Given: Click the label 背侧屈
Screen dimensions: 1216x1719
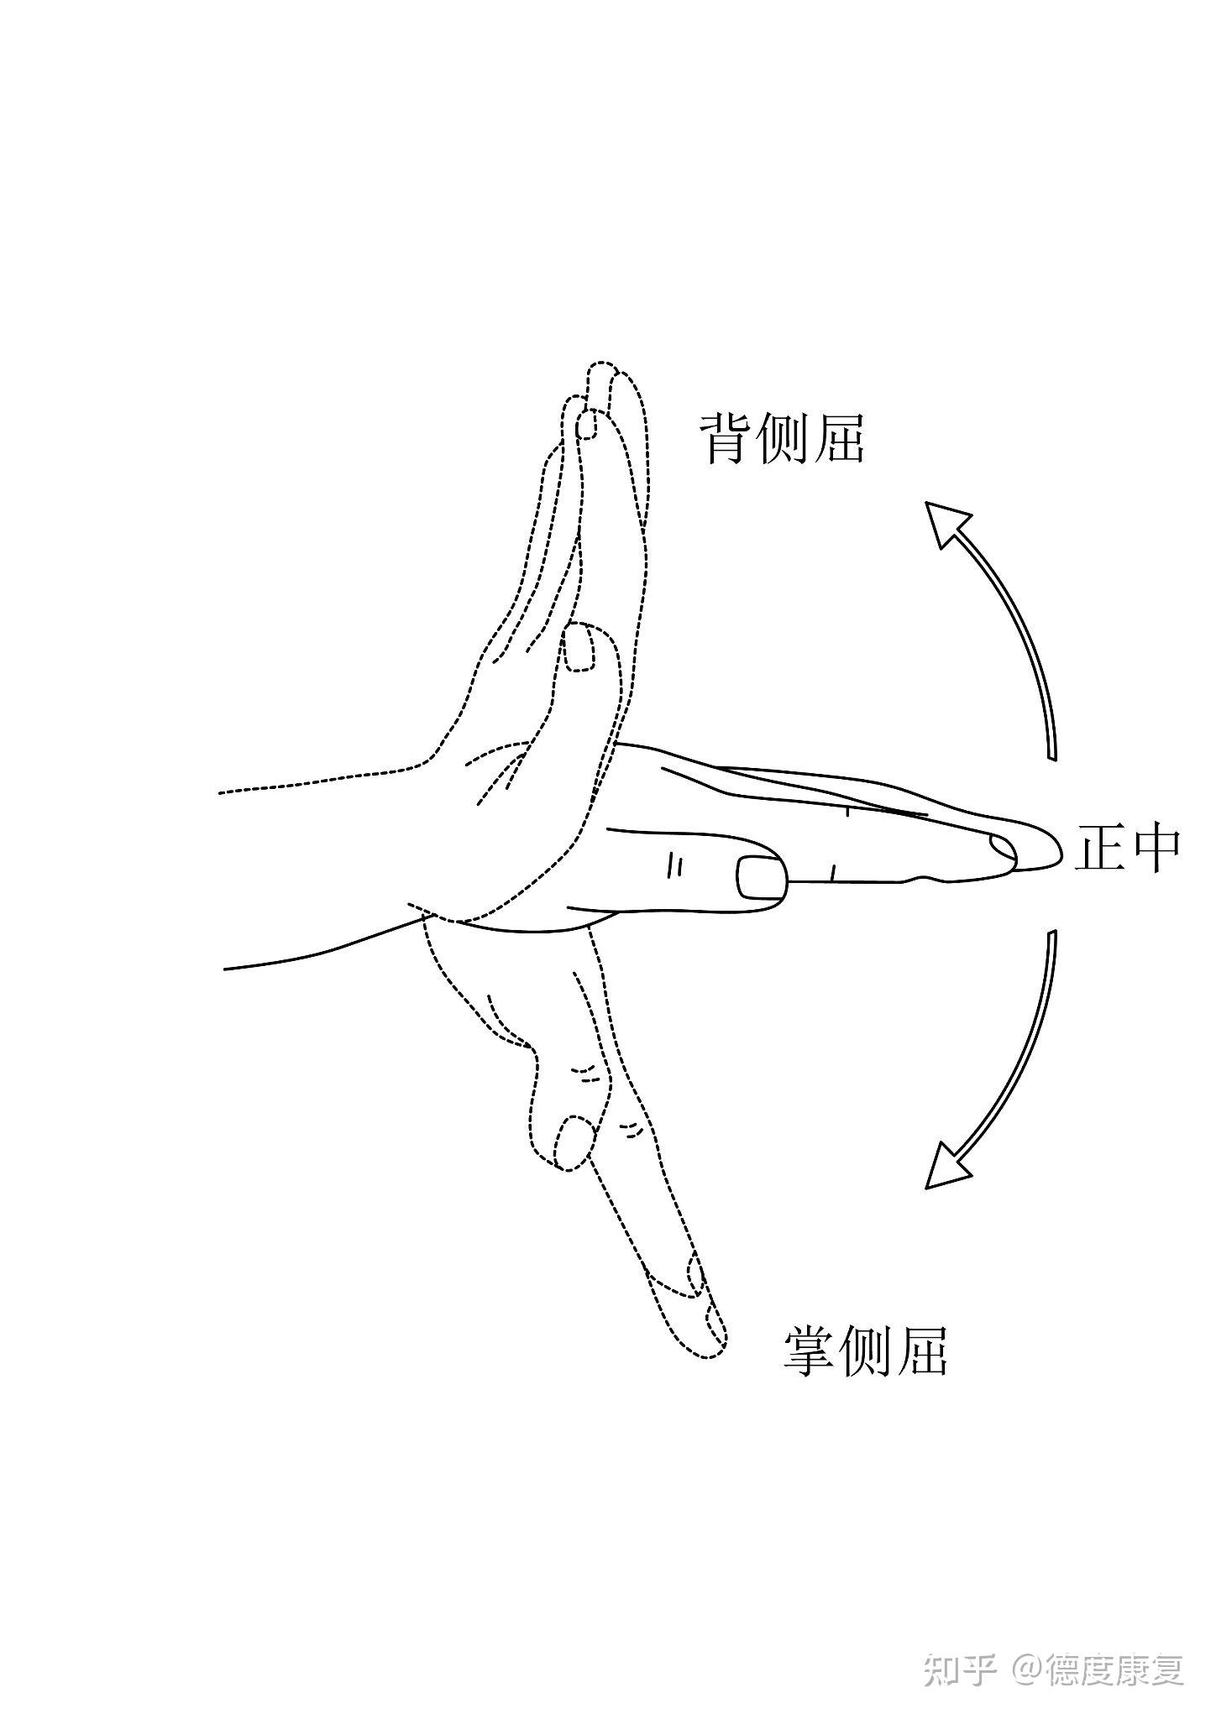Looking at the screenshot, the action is pyautogui.click(x=782, y=437).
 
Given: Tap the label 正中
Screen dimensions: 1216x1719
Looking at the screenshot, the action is pyautogui.click(x=1127, y=849).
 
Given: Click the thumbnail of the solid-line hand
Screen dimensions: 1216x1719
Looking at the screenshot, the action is pyautogui.click(x=762, y=879).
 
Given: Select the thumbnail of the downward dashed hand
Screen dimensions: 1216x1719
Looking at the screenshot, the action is pyautogui.click(x=574, y=1142).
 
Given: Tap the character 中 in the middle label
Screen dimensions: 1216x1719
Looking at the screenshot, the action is pyautogui.click(x=1156, y=849).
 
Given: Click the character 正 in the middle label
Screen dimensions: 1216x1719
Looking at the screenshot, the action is pyautogui.click(x=1099, y=849).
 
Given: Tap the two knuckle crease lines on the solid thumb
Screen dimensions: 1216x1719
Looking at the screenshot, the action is pyautogui.click(x=674, y=865).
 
